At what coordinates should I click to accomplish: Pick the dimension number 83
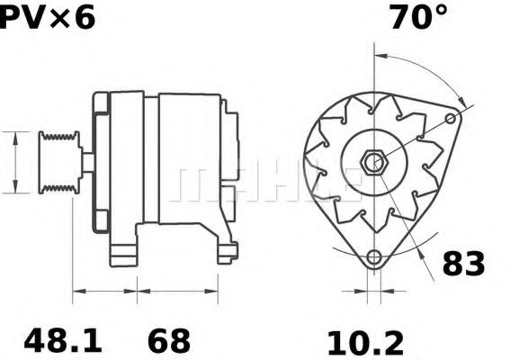[x=463, y=264]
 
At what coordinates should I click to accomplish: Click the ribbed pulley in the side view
[x=59, y=162]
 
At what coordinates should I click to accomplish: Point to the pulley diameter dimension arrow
[x=14, y=162]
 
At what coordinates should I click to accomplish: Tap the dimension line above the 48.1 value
[x=104, y=291]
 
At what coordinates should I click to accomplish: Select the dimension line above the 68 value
[x=178, y=291]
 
